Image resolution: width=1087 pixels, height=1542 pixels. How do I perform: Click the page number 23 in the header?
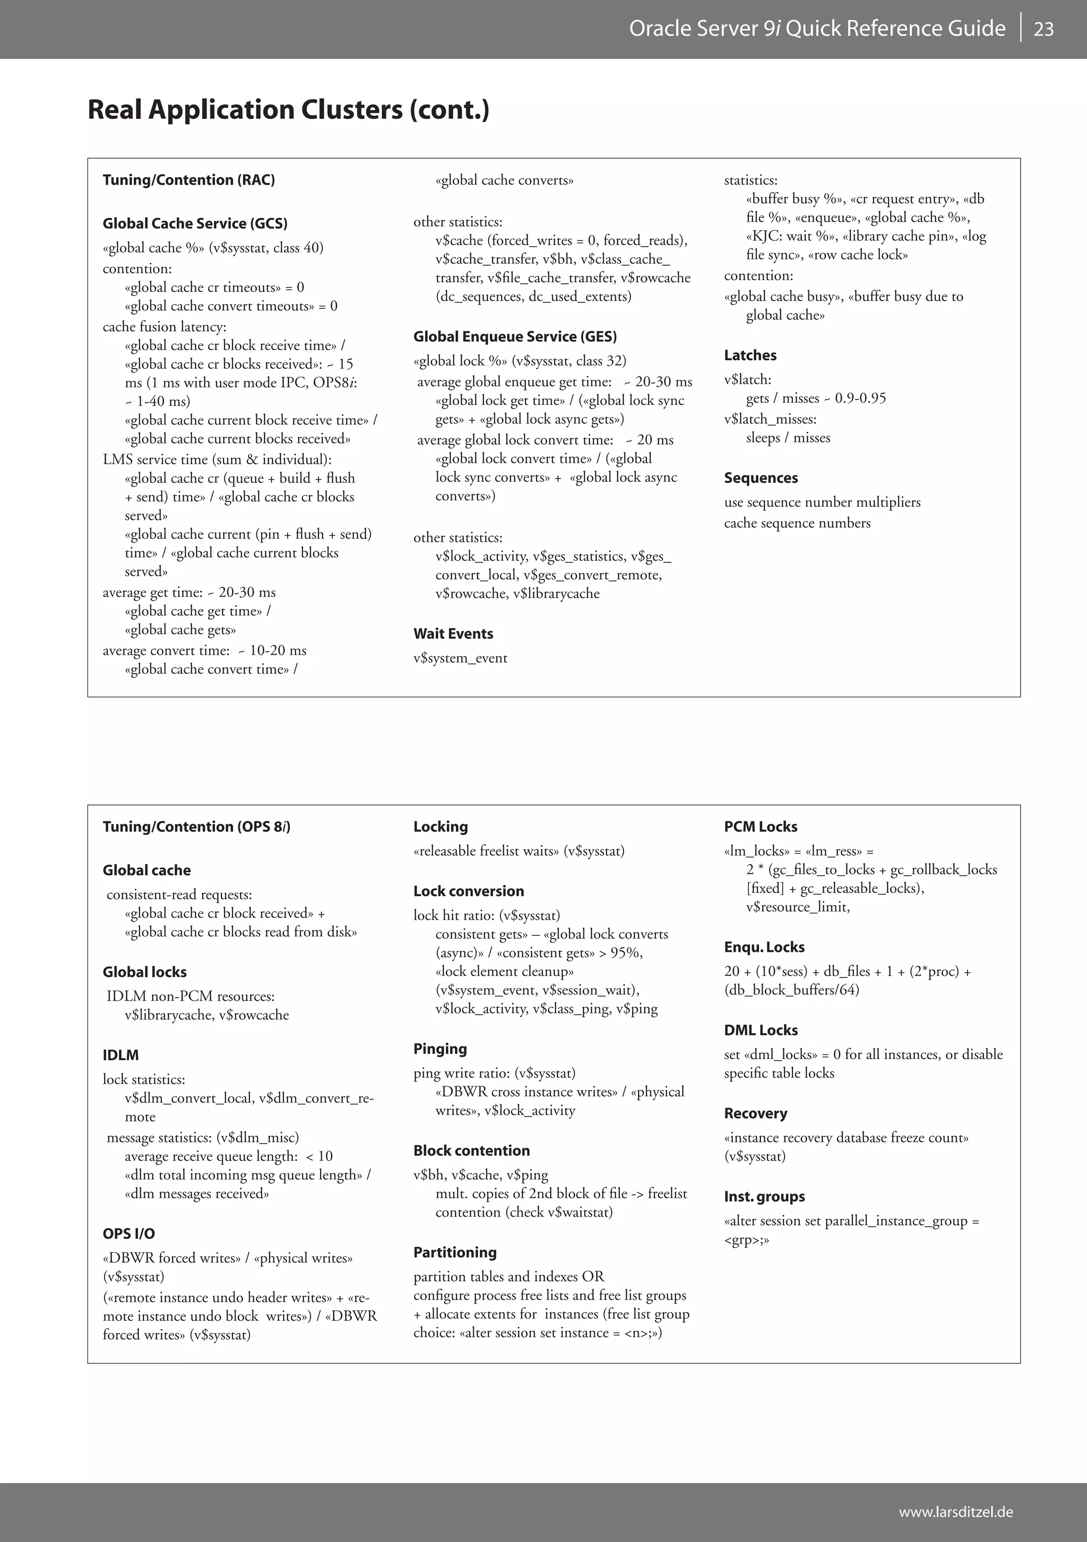pyautogui.click(x=1043, y=29)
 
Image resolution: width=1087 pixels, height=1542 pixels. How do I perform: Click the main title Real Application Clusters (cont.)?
pyautogui.click(x=288, y=109)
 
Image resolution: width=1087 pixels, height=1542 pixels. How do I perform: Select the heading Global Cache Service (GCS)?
pyautogui.click(x=195, y=223)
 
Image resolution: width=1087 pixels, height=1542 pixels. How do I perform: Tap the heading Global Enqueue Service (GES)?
pyautogui.click(x=515, y=336)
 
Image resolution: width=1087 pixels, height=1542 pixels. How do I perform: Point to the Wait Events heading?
pyautogui.click(x=453, y=634)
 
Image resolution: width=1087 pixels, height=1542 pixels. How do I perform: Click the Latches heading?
pyautogui.click(x=750, y=356)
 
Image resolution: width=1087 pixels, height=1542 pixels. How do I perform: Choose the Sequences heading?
pyautogui.click(x=761, y=478)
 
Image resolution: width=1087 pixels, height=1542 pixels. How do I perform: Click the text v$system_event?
pyautogui.click(x=460, y=658)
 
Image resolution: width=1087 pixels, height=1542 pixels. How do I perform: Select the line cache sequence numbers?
pyautogui.click(x=797, y=523)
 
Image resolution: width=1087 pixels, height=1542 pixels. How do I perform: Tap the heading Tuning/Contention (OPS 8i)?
pyautogui.click(x=196, y=827)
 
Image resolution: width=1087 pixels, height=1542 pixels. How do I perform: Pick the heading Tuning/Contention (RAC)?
pyautogui.click(x=189, y=180)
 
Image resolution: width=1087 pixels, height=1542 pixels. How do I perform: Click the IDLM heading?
pyautogui.click(x=121, y=1055)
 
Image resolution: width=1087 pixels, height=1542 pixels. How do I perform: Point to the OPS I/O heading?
pyautogui.click(x=128, y=1234)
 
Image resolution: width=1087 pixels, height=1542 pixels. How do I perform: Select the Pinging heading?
pyautogui.click(x=440, y=1049)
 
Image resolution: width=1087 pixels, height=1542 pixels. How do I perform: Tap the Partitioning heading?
pyautogui.click(x=455, y=1252)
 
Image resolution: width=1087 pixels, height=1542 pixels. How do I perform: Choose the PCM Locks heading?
pyautogui.click(x=761, y=827)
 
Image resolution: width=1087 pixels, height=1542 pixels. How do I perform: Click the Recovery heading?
pyautogui.click(x=755, y=1113)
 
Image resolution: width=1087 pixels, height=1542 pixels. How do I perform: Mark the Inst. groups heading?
pyautogui.click(x=764, y=1196)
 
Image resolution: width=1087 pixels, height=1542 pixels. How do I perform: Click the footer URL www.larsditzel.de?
pyautogui.click(x=955, y=1512)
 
